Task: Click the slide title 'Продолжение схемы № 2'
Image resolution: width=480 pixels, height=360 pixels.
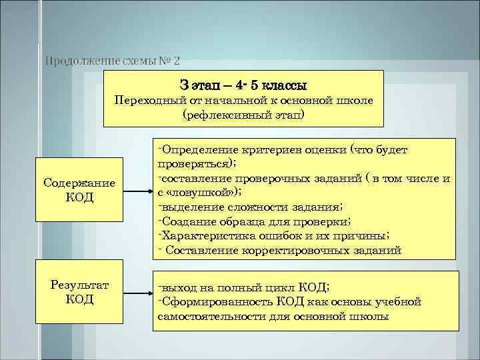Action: coord(112,61)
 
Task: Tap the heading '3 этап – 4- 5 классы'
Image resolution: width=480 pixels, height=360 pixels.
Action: coord(243,86)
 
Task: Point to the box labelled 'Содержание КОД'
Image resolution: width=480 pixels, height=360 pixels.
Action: coord(79,191)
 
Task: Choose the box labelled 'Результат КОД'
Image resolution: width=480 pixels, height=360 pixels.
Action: coord(79,292)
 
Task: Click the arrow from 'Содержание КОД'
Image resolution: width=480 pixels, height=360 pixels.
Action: coord(139,191)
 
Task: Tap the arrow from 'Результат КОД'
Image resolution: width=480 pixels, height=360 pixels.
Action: coord(139,292)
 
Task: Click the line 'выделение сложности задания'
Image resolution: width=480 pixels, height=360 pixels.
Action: coord(251,207)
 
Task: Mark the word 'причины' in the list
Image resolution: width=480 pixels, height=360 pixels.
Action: coord(364,236)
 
